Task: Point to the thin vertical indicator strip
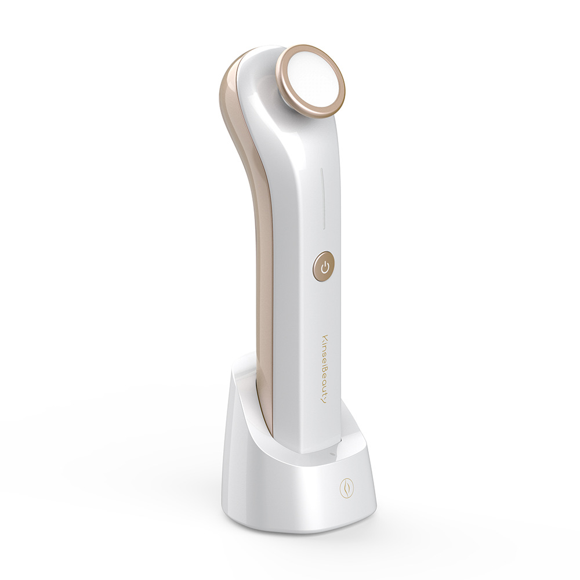(x=323, y=198)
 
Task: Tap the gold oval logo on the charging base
(x=345, y=488)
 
